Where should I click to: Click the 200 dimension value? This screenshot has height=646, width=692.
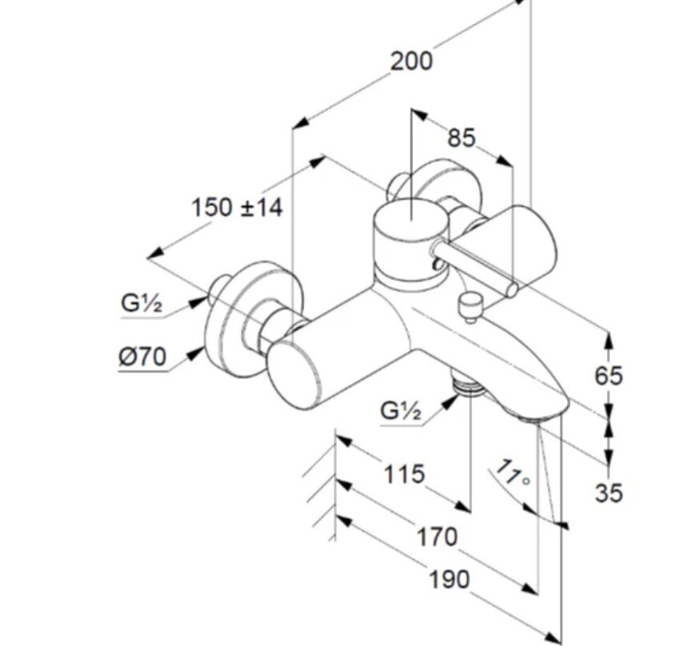(x=411, y=61)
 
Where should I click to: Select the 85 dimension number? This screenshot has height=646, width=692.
(x=461, y=138)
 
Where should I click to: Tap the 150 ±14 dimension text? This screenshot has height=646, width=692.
(x=237, y=208)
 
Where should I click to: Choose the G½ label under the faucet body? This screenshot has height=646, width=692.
(x=401, y=411)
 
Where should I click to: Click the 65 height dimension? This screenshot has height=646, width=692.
(x=608, y=375)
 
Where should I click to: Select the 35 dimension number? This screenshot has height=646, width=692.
(x=608, y=492)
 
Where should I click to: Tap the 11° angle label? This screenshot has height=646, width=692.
(x=513, y=473)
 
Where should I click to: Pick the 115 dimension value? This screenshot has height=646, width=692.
(x=403, y=474)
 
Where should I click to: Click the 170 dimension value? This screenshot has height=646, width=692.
(x=437, y=536)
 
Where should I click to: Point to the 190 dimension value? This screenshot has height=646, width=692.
(x=449, y=579)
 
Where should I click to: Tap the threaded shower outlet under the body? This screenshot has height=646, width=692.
(x=466, y=386)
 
